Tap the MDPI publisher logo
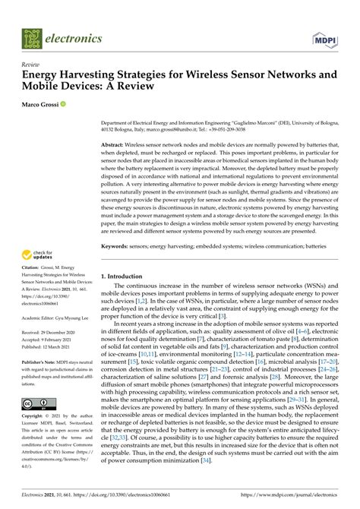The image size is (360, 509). tap(323, 38)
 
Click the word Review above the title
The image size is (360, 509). tap(30, 65)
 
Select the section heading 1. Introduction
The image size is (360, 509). tap(121, 255)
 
